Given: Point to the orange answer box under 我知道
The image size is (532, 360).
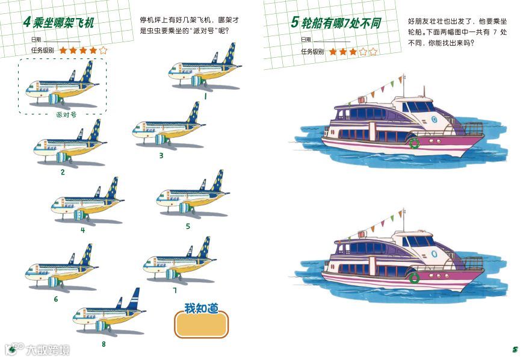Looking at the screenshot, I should click(x=201, y=326).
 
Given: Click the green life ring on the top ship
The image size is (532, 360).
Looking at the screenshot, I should click(x=414, y=143).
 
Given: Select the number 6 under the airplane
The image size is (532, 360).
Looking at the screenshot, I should click(x=56, y=299).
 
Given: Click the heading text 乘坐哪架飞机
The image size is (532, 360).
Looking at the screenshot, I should click(x=64, y=23).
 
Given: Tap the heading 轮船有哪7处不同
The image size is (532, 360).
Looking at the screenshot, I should click(x=335, y=23).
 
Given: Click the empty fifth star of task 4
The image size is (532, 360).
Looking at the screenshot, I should click(x=104, y=51).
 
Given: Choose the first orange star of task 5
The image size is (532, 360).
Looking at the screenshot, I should click(x=333, y=52).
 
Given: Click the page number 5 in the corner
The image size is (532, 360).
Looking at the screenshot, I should click(x=515, y=349).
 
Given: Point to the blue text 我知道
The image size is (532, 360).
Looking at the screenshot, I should click(x=201, y=309).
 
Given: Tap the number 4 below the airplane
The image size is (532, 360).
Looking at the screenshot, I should click(x=82, y=229).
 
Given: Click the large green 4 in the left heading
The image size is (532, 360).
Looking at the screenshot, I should click(x=27, y=23).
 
